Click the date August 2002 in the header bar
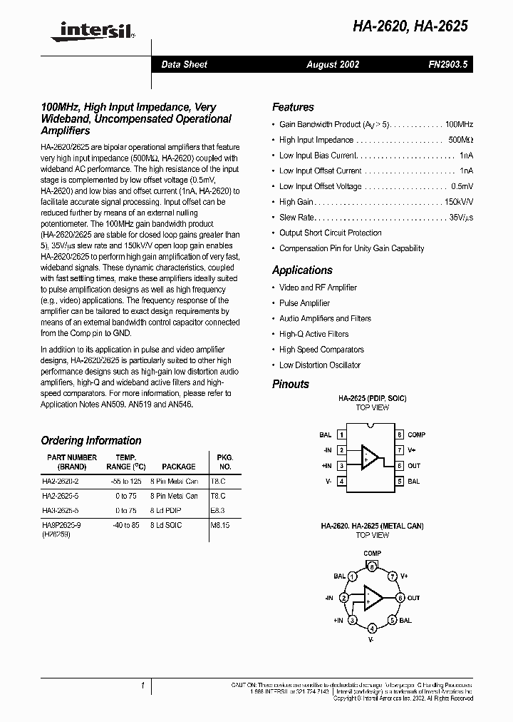pos(333,64)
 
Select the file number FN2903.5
pos(442,64)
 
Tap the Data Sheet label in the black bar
pos(184,64)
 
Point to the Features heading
pos(293,107)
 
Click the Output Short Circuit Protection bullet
pos(330,233)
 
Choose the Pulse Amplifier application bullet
pos(304,303)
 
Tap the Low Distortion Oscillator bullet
pos(319,365)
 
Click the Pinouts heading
pos(291,384)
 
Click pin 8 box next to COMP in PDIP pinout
pos(400,434)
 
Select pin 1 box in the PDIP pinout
pos(342,434)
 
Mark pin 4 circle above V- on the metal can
pos(372,629)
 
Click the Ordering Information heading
pos(91,440)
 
